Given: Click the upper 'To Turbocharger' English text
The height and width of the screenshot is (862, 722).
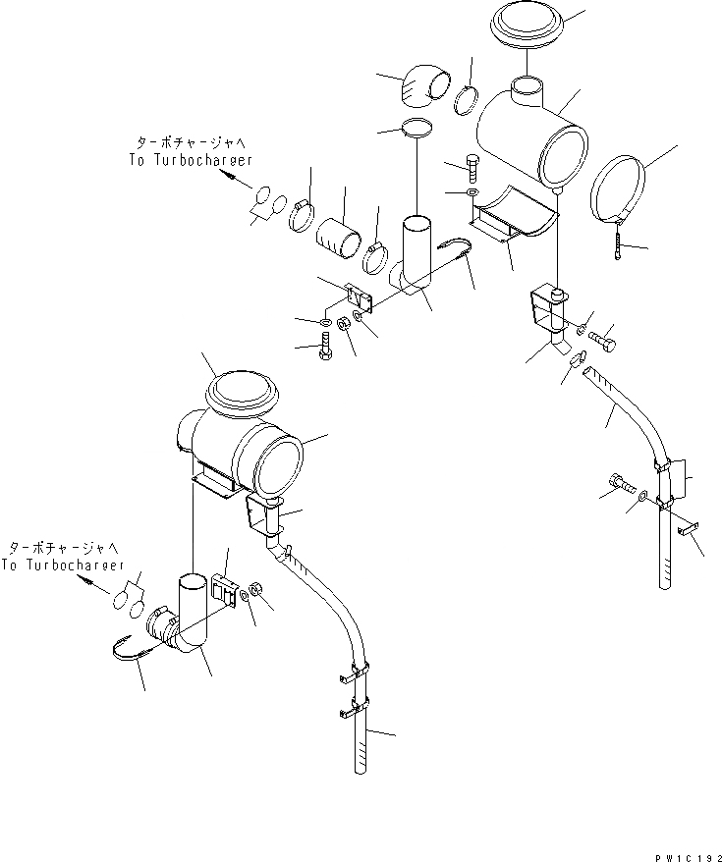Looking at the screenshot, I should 190,159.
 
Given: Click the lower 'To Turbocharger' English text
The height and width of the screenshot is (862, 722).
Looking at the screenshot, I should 62,566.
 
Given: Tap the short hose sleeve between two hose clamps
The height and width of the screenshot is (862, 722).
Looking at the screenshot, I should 340,238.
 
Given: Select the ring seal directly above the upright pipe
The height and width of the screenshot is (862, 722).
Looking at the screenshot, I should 415,129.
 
